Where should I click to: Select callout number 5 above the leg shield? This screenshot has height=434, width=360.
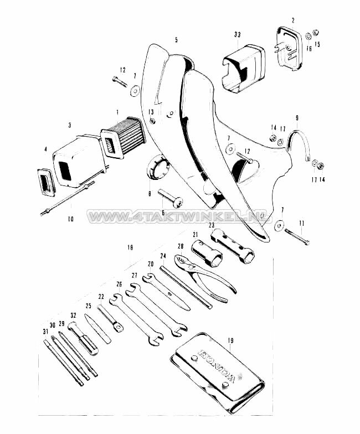point(176,40)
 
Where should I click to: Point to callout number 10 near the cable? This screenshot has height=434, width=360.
point(70,219)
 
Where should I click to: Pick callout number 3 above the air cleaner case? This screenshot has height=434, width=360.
point(69,126)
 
